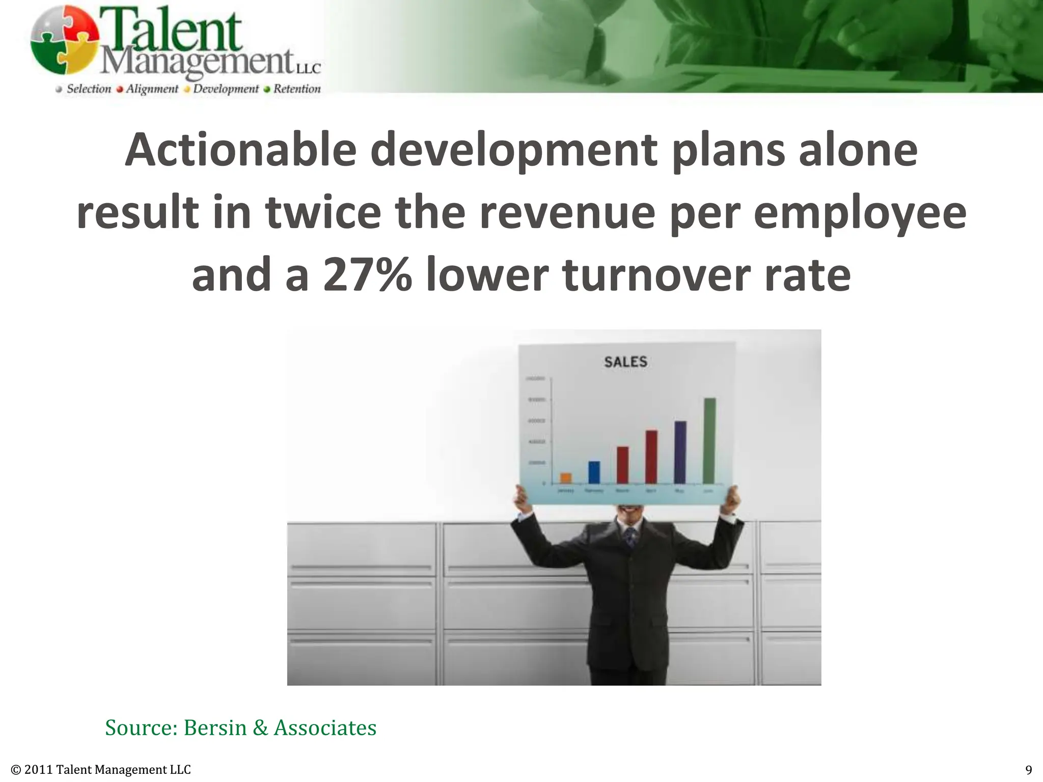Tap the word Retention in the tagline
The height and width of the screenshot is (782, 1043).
point(297,89)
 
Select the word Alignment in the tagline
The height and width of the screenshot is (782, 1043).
point(152,89)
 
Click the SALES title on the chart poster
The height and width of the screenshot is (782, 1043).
point(625,362)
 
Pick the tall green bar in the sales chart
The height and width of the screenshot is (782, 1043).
point(709,440)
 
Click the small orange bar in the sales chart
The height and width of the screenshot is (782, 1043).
point(566,478)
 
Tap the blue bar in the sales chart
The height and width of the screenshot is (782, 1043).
point(594,472)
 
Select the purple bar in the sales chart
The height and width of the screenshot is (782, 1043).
point(680,452)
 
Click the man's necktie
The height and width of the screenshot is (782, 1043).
point(631,537)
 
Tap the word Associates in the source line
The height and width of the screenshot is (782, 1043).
point(325,728)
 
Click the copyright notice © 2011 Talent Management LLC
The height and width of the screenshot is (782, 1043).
point(101,769)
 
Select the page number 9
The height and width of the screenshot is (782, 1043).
point(1028,769)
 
